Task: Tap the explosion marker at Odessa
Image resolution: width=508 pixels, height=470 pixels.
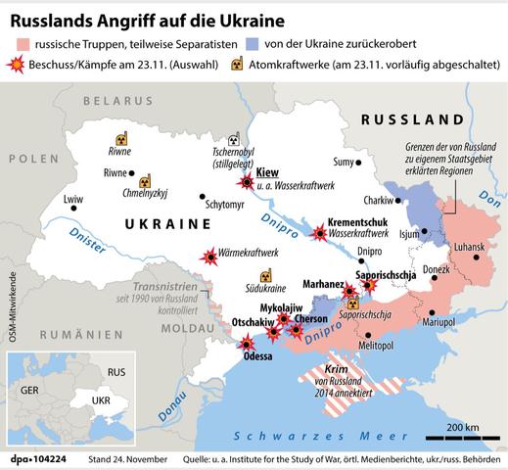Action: click(246, 343)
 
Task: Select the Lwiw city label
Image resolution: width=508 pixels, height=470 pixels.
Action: click(73, 200)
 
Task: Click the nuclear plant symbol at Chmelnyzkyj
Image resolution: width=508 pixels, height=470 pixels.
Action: click(145, 181)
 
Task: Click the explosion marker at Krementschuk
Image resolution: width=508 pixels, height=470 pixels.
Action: click(318, 232)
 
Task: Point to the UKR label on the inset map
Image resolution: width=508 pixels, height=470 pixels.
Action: click(102, 401)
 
